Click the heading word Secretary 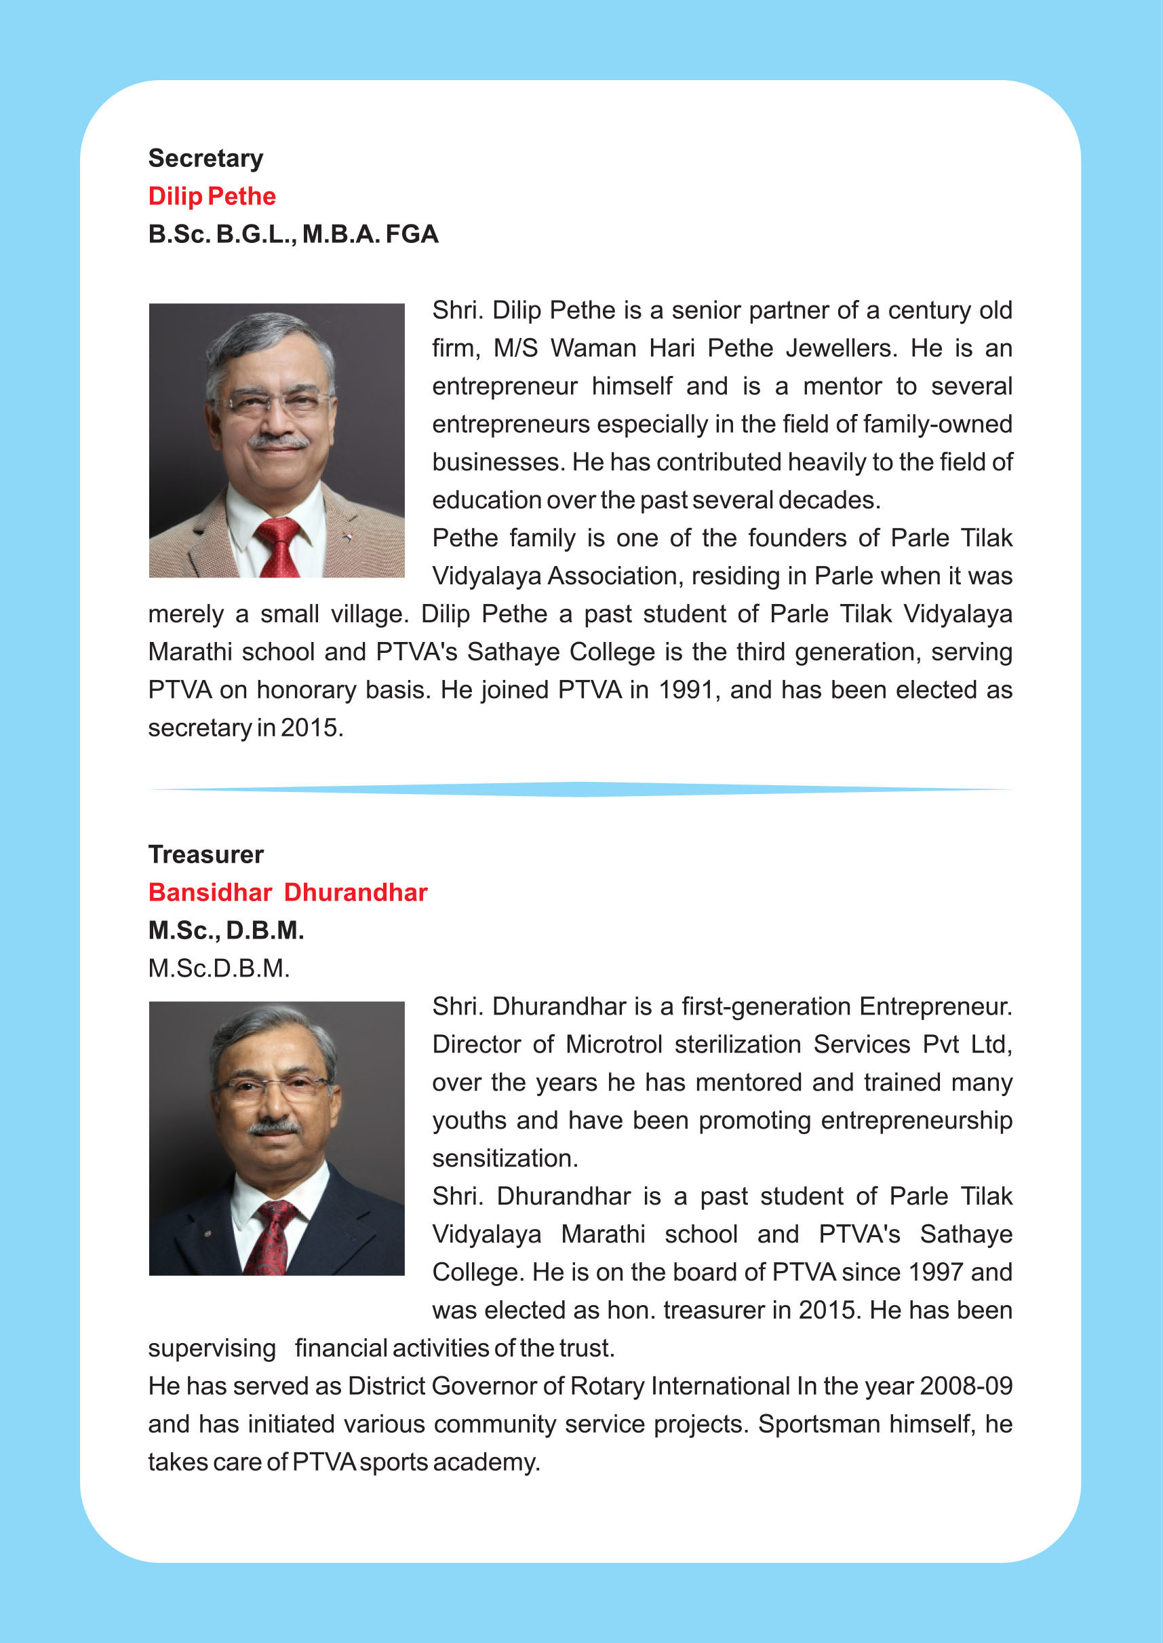pos(205,158)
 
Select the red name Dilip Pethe pos(212,196)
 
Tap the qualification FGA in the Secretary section pos(412,234)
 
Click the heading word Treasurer pos(206,855)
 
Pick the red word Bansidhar pos(210,893)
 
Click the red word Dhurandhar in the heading pos(355,893)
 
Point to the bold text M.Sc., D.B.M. pos(226,931)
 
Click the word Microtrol pos(614,1044)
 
